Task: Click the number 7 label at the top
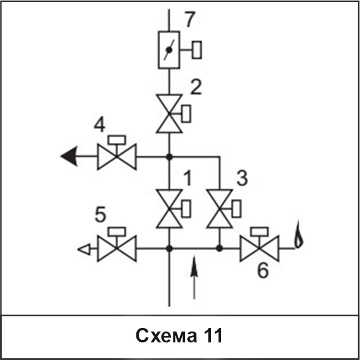pos(190,19)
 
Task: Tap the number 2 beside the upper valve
pos(196,87)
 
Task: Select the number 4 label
pos(99,125)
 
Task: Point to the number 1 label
pos(188,178)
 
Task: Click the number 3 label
pos(242,178)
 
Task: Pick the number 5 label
pos(101,214)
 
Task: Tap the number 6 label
pos(263,270)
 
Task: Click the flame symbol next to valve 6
pos(298,235)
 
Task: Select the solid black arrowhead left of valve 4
pos(69,156)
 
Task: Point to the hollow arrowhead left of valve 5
pos(84,249)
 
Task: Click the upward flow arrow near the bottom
pos(194,277)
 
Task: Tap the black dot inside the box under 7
pos(169,50)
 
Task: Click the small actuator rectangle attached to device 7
pos(197,50)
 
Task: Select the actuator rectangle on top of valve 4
pos(117,140)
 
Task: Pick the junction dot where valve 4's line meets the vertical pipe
pos(170,157)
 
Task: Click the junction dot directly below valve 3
pos(219,248)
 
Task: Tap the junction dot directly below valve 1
pos(170,248)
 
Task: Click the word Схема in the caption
pos(166,336)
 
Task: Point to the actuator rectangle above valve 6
pos(259,232)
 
